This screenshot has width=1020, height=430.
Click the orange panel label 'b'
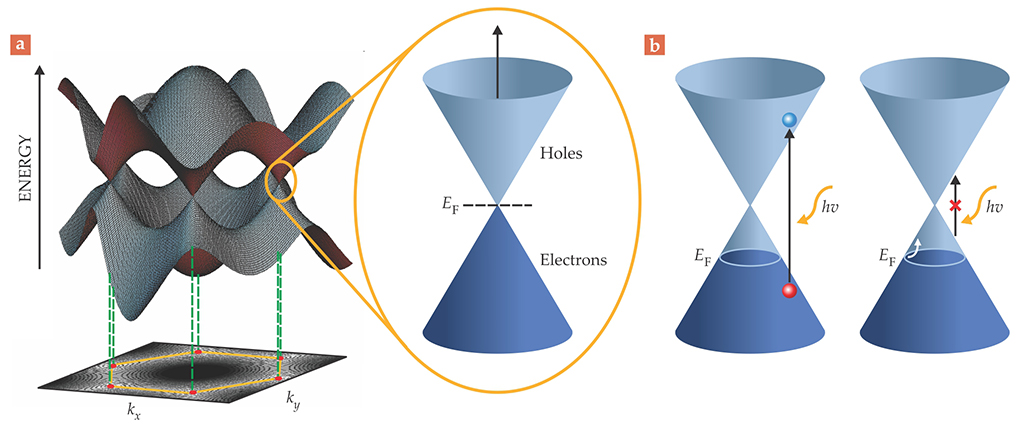[654, 46]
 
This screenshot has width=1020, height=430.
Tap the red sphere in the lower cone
[790, 291]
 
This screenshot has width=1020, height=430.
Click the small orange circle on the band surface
[279, 185]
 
